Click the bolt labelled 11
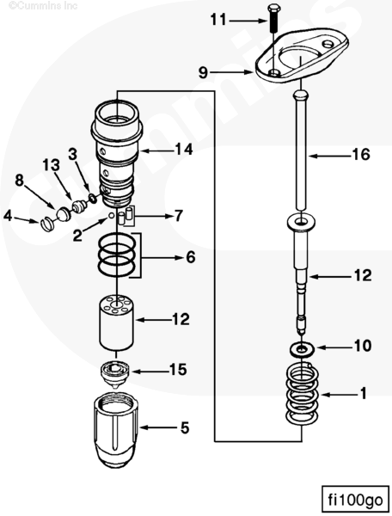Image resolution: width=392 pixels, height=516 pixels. coord(273,18)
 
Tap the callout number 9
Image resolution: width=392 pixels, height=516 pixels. coord(204,72)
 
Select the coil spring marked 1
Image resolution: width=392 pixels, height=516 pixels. coord(302,393)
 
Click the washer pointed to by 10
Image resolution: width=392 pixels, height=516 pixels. coord(302,349)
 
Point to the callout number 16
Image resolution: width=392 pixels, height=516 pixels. coord(361,155)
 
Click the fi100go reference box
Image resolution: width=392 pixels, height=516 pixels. coord(356,500)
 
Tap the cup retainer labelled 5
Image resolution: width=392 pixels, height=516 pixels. coord(116,430)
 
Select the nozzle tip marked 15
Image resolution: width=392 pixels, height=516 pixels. coord(115,376)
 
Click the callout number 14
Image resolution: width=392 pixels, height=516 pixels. coord(184,150)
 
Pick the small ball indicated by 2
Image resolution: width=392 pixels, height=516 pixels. coord(112,215)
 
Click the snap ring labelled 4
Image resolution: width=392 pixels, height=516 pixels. coord(47,224)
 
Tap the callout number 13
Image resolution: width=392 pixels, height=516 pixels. coord(52,165)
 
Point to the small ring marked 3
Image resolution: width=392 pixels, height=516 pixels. coord(94,198)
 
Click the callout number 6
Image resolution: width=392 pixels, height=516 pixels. coord(191,257)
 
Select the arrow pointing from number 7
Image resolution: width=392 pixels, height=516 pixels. coord(151,216)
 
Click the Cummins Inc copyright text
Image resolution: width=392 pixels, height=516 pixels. coord(43,6)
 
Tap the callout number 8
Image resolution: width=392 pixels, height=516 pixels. coord(20,180)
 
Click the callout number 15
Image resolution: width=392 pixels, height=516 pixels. coord(178,369)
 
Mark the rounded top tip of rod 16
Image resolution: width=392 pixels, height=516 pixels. coord(301,93)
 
